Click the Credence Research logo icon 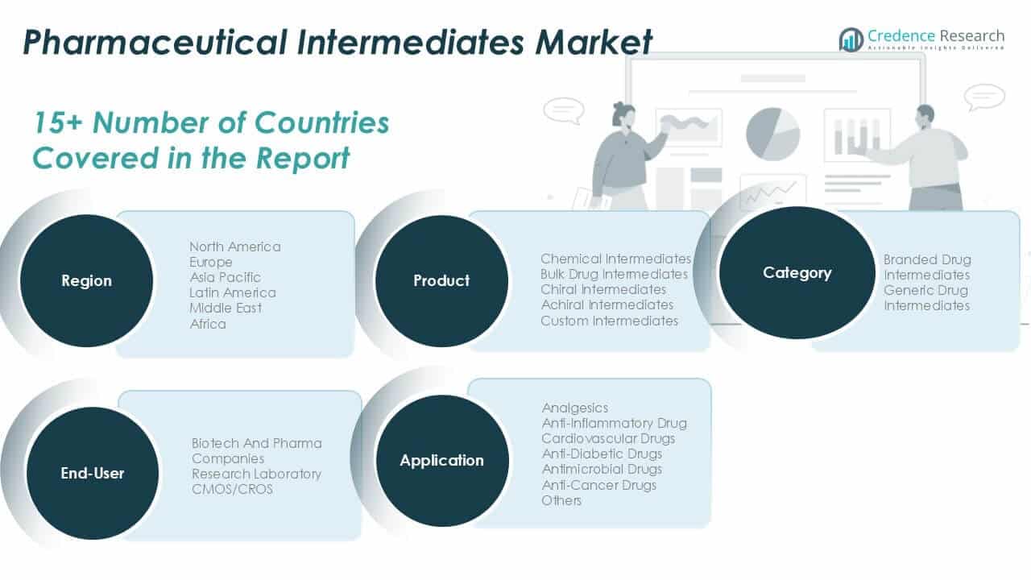tap(851, 39)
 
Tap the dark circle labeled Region tap(85, 280)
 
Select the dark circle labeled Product tap(441, 280)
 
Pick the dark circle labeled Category tap(797, 272)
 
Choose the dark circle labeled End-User tap(93, 473)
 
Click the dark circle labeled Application tap(442, 461)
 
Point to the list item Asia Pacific tap(225, 277)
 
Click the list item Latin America tap(232, 292)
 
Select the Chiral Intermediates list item tap(603, 289)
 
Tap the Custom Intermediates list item tap(609, 321)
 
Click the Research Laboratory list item tap(256, 474)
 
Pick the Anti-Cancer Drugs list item tap(598, 485)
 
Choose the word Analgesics tap(574, 408)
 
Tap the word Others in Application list tap(561, 500)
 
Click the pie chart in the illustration tap(772, 133)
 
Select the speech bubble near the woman tap(562, 110)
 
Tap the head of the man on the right tap(925, 114)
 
